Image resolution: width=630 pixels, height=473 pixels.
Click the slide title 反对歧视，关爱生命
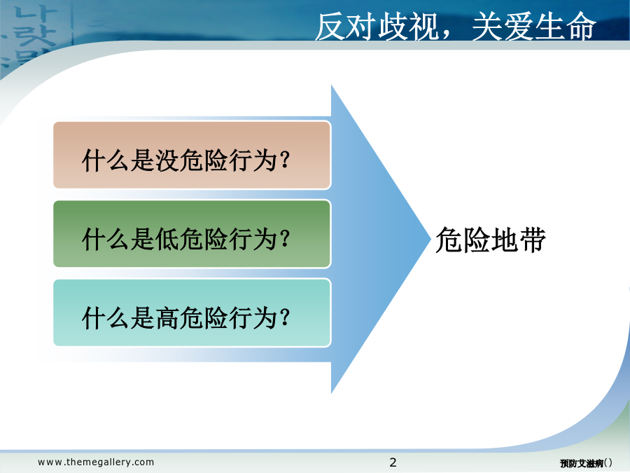[455, 27]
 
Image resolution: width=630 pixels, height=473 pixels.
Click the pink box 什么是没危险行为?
[192, 156]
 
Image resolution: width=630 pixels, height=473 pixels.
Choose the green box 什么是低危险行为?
[192, 234]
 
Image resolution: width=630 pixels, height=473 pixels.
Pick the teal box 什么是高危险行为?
[192, 313]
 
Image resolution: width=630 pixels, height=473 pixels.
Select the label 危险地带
[491, 240]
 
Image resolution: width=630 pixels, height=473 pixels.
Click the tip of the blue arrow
[430, 239]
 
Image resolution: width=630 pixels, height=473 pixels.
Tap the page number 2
[393, 462]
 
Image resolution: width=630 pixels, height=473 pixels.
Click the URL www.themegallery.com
[96, 462]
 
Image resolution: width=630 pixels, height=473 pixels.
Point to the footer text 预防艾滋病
[582, 463]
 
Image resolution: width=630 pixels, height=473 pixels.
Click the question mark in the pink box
[285, 160]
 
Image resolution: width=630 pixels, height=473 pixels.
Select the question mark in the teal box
[285, 317]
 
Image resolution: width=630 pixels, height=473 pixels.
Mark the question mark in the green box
[285, 239]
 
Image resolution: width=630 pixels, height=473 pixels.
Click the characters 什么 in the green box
[106, 239]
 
